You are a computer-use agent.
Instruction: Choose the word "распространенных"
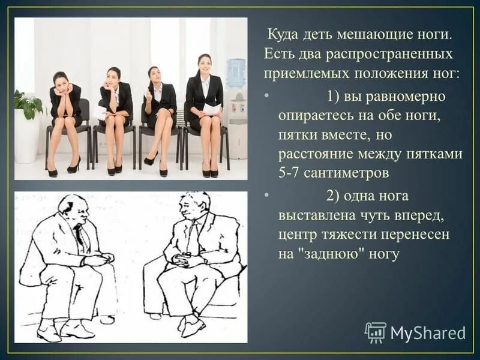pos(390,55)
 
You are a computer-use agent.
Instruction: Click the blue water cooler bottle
pos(236,73)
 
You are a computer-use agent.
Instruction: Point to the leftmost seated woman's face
pos(60,81)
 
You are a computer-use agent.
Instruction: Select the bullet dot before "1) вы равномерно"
pos(266,95)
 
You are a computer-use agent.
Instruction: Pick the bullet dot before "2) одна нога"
pos(266,196)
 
